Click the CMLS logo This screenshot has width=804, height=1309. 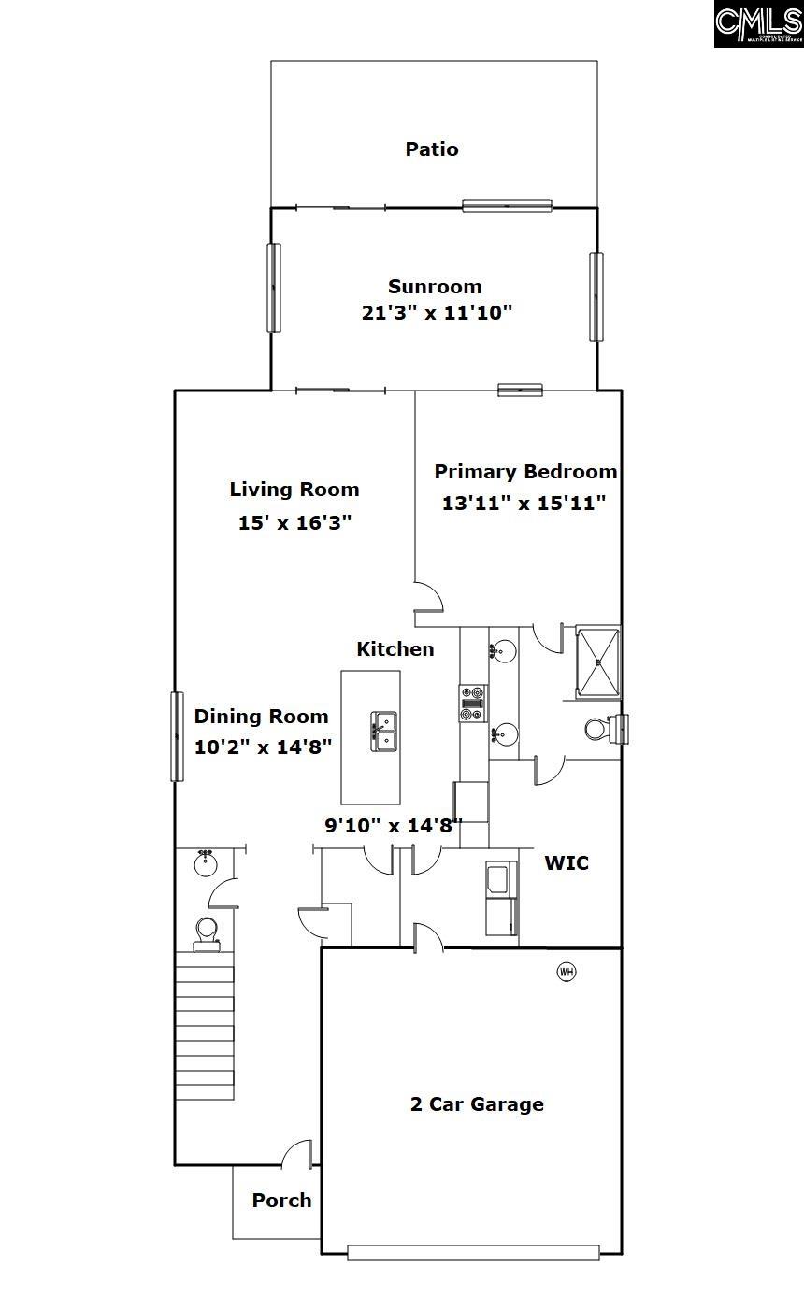(758, 23)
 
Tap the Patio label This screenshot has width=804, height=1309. (432, 149)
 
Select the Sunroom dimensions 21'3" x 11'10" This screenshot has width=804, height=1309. (437, 312)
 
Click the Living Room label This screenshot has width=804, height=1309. (294, 490)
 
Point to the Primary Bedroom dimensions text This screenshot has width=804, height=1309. (524, 503)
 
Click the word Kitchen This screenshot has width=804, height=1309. (395, 649)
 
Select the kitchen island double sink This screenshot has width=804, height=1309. (383, 730)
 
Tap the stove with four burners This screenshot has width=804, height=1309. (472, 704)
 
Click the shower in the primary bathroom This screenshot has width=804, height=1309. (597, 662)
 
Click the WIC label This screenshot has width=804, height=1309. (567, 863)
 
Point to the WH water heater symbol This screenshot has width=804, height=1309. (567, 972)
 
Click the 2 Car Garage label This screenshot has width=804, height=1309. (477, 1104)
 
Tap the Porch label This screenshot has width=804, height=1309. (281, 1201)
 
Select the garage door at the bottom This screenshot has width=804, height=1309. (473, 1253)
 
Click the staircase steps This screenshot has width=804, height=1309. (205, 1032)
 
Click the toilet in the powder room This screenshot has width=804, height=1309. (207, 932)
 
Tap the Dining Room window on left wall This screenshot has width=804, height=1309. (176, 735)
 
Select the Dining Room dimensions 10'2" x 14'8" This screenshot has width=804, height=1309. (264, 747)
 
